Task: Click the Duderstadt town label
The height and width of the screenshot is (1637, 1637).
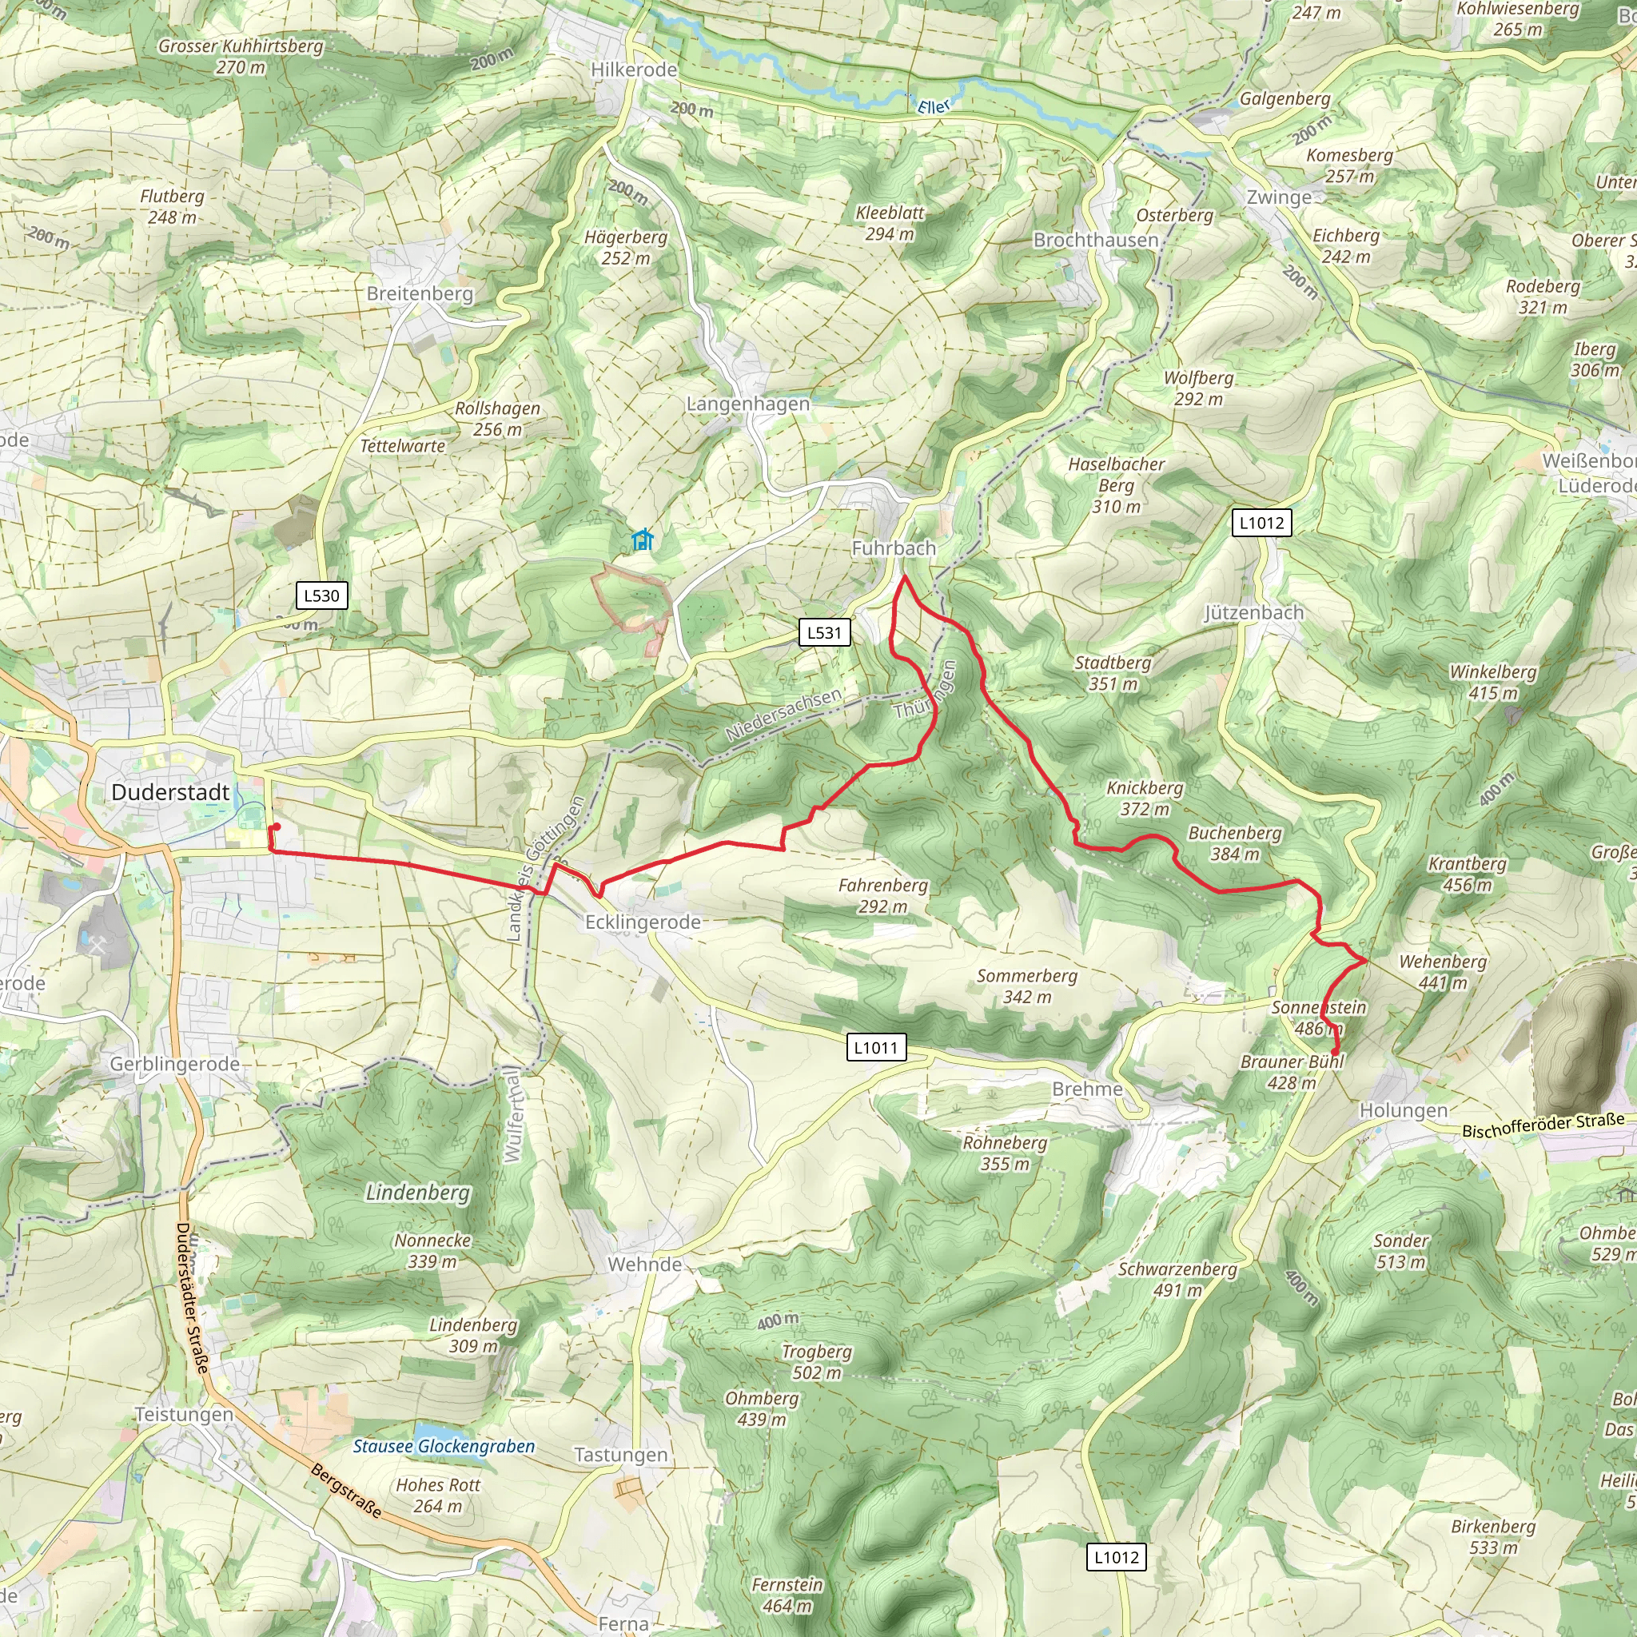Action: (170, 792)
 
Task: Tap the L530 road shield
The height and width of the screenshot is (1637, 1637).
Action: (321, 595)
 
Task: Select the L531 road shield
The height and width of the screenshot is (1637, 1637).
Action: (823, 632)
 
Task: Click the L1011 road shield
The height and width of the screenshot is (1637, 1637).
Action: (876, 1047)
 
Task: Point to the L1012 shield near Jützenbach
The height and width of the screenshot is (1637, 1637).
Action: (1261, 523)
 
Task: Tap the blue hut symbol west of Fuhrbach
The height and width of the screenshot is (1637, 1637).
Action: (643, 540)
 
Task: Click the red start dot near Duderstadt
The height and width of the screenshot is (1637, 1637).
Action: (277, 827)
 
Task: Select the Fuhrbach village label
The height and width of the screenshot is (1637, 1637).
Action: (893, 548)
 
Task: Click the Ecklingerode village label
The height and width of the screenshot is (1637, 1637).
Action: (643, 922)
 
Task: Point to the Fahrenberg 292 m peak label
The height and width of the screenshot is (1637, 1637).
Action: (883, 895)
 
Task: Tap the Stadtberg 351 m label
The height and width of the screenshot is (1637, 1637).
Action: (1113, 673)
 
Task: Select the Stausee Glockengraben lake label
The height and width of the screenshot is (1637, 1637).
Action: (444, 1446)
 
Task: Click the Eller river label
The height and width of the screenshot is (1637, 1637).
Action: (934, 107)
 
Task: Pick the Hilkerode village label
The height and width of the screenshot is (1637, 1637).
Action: (634, 70)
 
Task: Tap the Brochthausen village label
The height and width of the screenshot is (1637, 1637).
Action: (1096, 240)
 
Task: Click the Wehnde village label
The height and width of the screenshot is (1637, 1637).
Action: (645, 1265)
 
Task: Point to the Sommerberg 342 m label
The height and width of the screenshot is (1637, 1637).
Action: (1027, 986)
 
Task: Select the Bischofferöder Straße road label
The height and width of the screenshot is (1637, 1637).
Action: (1543, 1125)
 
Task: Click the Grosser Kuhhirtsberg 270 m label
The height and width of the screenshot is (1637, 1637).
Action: (241, 56)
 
